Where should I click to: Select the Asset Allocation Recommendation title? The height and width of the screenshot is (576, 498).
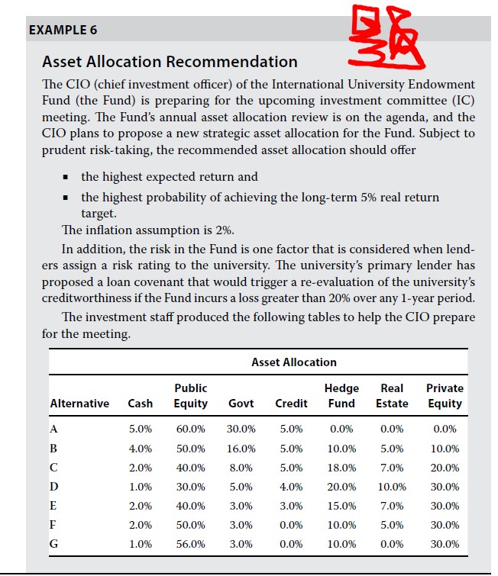(170, 62)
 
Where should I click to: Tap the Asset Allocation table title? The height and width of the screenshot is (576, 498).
(293, 362)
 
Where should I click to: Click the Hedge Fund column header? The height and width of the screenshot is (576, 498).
(341, 395)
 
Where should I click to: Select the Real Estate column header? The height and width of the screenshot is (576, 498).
(392, 395)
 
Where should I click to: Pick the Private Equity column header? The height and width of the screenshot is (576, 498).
(445, 395)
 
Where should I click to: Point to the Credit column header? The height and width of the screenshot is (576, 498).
(291, 403)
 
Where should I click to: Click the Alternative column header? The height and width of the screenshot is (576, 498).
(79, 403)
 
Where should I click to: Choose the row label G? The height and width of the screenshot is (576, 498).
(54, 544)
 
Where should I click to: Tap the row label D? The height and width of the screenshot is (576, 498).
(54, 487)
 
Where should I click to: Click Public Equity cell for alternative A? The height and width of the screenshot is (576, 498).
(190, 430)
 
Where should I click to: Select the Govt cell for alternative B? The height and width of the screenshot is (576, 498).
(241, 449)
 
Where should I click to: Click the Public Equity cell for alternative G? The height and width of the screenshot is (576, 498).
(190, 544)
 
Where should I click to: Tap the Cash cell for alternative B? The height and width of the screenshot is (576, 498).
(140, 449)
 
